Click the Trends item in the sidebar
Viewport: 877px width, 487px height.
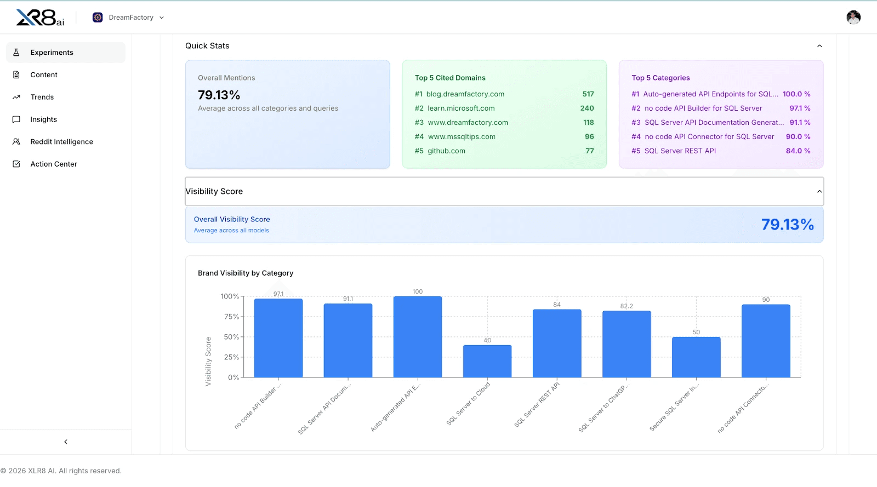pos(42,97)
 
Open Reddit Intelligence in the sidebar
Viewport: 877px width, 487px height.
pos(61,142)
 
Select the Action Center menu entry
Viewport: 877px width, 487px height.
pos(54,164)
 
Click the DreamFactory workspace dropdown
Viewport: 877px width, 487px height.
pos(129,18)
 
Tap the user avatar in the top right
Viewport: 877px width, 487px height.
pos(853,18)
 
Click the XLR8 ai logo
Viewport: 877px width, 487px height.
pos(40,18)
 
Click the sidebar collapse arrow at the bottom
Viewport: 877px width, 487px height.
pos(66,442)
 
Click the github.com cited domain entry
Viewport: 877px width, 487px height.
pos(446,151)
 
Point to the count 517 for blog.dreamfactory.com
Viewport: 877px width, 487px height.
pos(588,94)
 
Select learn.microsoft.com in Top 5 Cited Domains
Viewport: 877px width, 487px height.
pos(461,108)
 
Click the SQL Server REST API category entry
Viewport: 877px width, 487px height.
pos(680,151)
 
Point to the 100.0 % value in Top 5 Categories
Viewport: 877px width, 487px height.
pos(796,94)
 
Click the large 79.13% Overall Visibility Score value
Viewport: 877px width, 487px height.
pos(787,225)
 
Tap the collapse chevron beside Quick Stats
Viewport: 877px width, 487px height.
pos(819,46)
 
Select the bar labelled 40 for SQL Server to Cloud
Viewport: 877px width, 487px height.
pos(487,362)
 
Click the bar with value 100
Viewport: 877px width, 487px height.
pos(417,337)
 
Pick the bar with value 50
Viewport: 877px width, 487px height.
pos(696,357)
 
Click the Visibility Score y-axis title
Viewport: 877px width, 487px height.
pos(208,362)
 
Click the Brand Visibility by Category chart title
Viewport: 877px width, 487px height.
pos(246,273)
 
